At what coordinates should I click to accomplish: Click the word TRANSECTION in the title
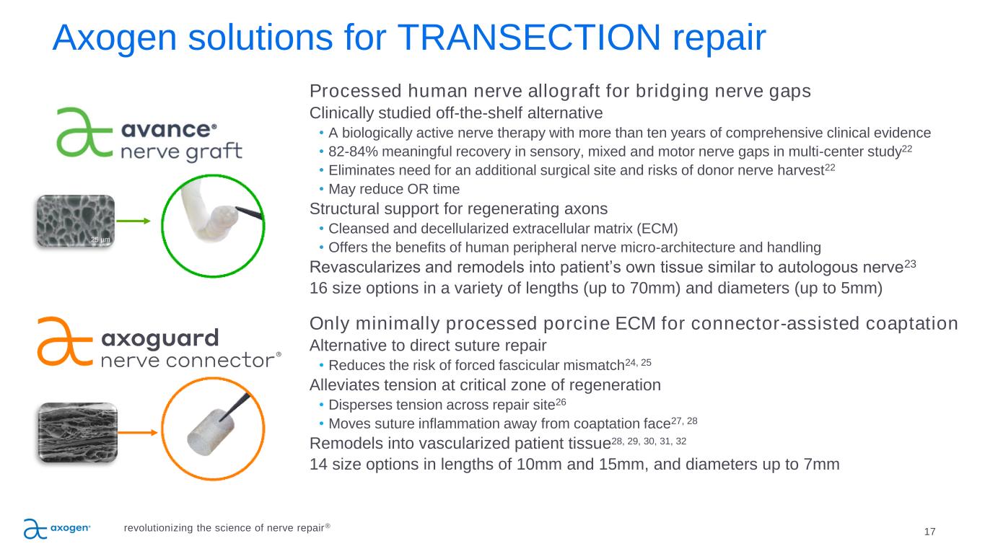point(528,38)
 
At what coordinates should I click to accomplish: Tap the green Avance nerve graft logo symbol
point(84,132)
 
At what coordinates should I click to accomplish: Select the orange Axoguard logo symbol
point(65,341)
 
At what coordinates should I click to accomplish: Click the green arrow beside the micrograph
point(133,221)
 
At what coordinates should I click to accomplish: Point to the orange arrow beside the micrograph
point(138,433)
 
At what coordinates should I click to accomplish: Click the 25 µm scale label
point(100,239)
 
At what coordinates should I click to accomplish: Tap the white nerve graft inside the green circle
point(209,212)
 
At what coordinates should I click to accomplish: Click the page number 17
point(929,532)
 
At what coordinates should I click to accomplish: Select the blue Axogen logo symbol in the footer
point(35,529)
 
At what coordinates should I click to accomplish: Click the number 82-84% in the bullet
point(353,151)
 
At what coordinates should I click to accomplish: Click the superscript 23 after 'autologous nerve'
point(910,264)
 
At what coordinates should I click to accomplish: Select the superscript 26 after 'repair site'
point(561,403)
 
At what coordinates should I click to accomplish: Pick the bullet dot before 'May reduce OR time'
point(321,188)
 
